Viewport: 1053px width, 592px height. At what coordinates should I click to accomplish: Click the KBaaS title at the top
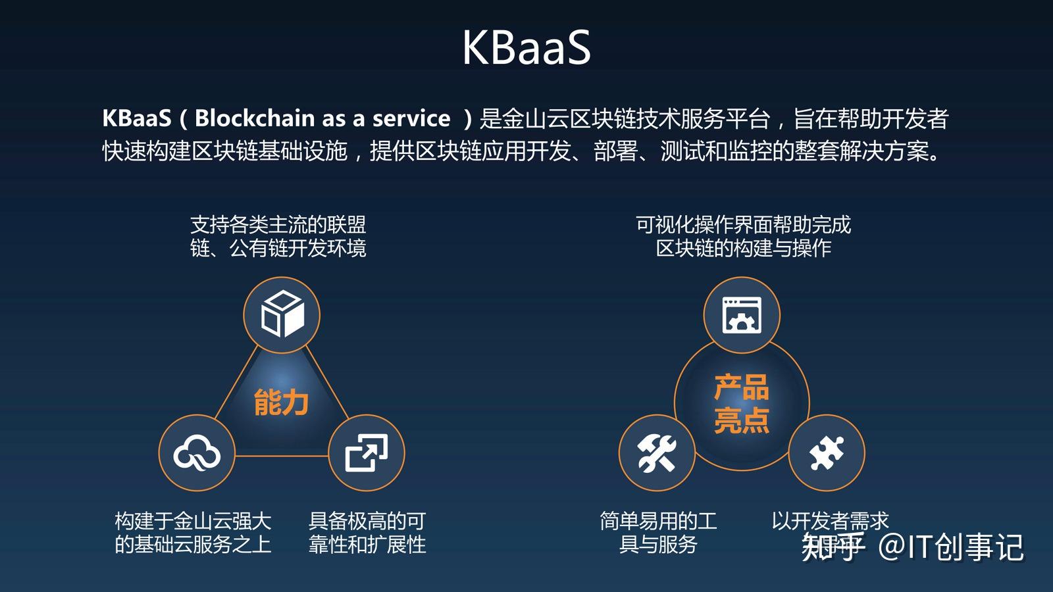(526, 47)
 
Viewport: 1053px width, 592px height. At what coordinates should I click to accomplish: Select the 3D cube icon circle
(282, 314)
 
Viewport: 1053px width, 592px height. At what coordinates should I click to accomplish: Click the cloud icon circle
(197, 453)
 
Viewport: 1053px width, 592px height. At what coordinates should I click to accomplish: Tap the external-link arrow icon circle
(366, 453)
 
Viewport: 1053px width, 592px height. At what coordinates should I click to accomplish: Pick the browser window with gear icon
(742, 314)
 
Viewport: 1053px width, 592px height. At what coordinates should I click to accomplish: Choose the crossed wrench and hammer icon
(657, 453)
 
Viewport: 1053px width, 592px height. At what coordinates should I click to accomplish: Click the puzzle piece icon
(827, 453)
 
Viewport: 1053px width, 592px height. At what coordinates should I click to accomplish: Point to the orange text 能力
(282, 402)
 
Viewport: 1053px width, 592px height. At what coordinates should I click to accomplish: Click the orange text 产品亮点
(742, 403)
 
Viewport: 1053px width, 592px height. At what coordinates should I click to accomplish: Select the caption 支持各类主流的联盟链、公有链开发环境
(278, 237)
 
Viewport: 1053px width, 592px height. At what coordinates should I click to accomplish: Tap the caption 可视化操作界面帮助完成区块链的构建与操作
(743, 237)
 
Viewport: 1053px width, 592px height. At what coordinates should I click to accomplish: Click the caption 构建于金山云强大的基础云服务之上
(193, 533)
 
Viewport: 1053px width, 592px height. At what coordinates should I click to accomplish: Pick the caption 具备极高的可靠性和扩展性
(367, 533)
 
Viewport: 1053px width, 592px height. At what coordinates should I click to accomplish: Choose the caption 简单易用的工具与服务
(658, 533)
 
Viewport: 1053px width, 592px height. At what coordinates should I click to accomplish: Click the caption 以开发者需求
(830, 521)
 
